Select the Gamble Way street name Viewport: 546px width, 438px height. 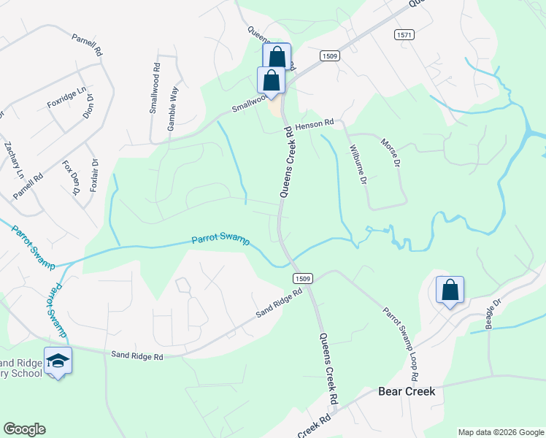173,109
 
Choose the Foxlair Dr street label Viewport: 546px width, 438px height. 93,176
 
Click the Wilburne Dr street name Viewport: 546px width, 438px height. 357,164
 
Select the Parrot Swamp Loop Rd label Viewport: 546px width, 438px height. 401,340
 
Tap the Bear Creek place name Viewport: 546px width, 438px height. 407,391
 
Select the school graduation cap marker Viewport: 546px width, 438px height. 58,361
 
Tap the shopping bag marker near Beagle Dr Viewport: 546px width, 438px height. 450,290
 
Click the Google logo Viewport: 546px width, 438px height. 24,429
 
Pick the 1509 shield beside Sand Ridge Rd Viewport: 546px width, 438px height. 304,279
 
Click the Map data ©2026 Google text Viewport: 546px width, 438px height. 500,432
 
